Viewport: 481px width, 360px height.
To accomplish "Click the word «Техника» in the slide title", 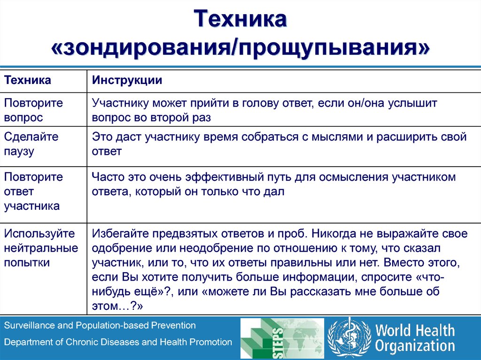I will (240, 21).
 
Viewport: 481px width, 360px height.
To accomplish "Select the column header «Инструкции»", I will (127, 80).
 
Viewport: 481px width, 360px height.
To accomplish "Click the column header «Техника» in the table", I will (28, 80).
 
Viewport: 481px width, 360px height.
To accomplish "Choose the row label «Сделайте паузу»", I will (31, 144).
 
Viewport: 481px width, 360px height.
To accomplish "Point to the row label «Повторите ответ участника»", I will (33, 191).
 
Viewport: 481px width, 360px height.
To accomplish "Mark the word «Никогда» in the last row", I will (334, 234).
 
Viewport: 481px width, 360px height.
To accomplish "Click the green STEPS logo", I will (282, 338).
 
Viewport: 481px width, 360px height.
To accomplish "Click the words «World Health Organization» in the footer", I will (414, 338).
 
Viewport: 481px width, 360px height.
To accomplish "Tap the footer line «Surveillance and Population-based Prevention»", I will (100, 325).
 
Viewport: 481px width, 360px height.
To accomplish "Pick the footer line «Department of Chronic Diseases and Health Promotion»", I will (118, 342).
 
